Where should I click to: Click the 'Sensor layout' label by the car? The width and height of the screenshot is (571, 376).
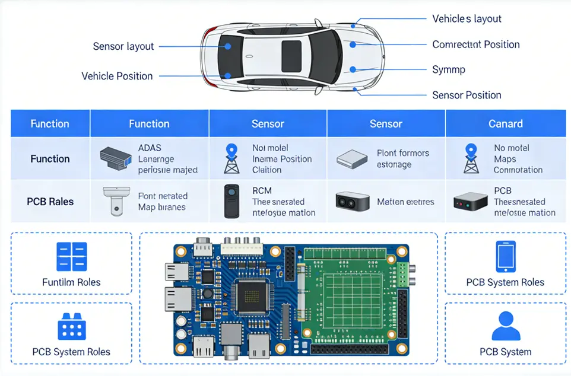coord(123,46)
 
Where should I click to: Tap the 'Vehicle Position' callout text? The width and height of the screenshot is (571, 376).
coord(117,76)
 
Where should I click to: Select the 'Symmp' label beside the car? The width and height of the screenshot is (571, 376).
coord(449,69)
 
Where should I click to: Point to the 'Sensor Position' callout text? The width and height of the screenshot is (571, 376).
coord(467,95)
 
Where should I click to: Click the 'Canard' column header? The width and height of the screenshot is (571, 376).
coord(505,124)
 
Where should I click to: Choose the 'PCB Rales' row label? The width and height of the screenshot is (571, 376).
coord(50,201)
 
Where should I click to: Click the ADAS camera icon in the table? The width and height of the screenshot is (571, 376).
coord(115,157)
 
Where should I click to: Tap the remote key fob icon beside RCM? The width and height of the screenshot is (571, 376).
coord(231,201)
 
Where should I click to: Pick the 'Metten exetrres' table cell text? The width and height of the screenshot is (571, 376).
coord(405,202)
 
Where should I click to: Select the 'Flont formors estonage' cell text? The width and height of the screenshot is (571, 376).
coord(402,158)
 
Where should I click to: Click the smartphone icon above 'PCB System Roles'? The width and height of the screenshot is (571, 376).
coord(505,256)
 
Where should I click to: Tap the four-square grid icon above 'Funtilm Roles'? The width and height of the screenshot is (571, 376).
coord(71,257)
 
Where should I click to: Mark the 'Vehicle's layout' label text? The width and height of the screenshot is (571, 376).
coord(467,19)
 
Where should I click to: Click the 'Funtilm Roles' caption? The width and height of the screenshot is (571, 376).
coord(71,282)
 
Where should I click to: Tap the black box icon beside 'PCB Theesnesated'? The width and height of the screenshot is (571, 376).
coord(470,201)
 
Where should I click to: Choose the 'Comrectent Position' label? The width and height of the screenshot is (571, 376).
coord(475,44)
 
